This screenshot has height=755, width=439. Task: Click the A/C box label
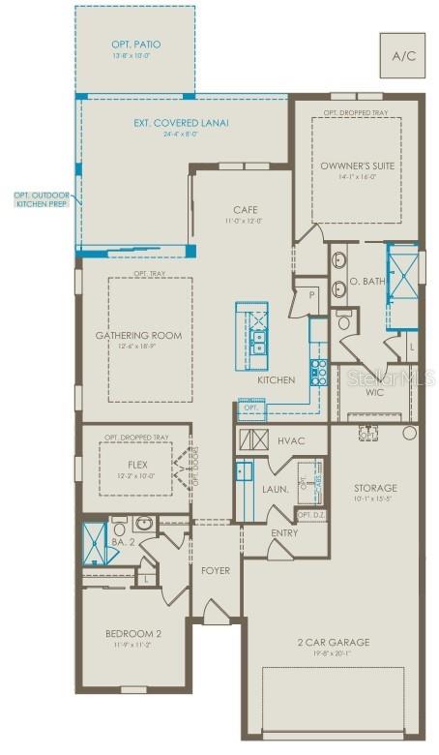402,55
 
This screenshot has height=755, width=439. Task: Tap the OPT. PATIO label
135,45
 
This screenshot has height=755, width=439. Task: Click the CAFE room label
245,210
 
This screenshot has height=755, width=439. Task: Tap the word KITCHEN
276,380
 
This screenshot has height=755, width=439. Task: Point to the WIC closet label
375,392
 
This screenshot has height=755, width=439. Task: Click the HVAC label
291,440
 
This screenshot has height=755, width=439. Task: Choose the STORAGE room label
374,488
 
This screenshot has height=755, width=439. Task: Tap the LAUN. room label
276,490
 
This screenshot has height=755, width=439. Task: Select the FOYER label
216,570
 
